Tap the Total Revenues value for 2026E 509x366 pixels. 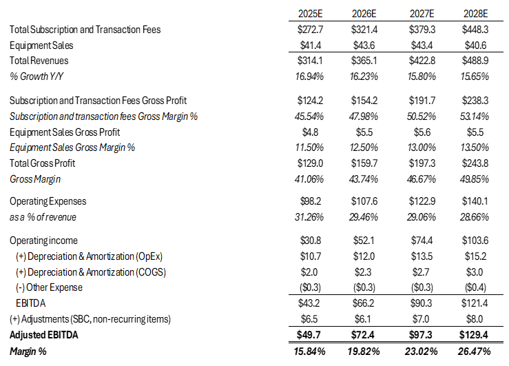point(363,60)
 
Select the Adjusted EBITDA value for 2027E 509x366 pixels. point(418,334)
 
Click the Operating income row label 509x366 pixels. point(44,241)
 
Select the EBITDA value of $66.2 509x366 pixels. point(363,303)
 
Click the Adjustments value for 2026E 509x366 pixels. point(363,318)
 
